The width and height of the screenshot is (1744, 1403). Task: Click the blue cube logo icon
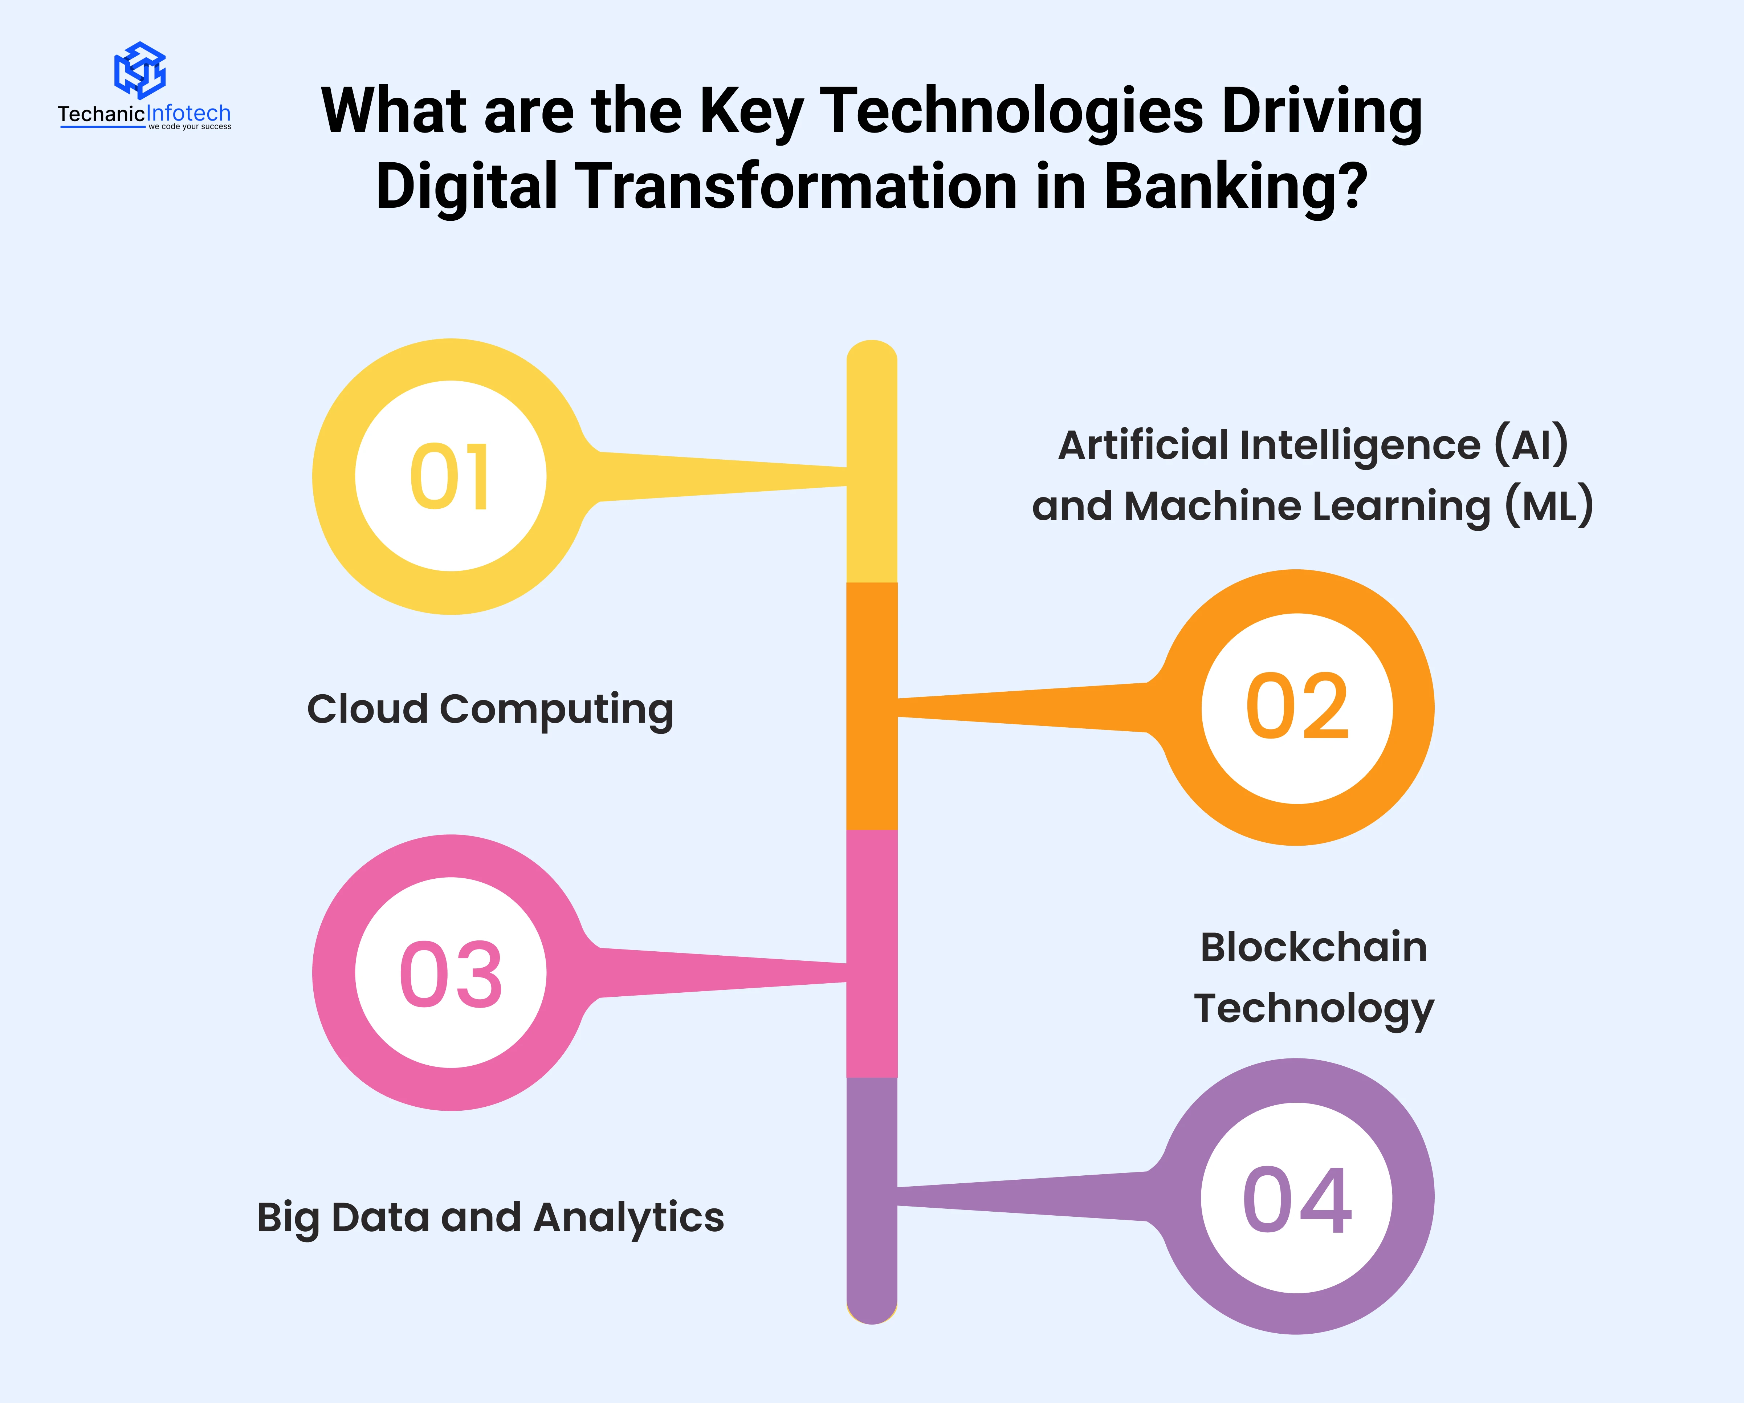[x=140, y=70]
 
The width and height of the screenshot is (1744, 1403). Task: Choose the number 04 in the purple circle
[x=1297, y=1201]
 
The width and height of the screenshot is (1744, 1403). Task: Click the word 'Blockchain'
[x=1314, y=947]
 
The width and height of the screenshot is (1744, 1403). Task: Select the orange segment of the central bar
[x=872, y=706]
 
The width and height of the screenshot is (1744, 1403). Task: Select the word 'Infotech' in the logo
[x=188, y=113]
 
